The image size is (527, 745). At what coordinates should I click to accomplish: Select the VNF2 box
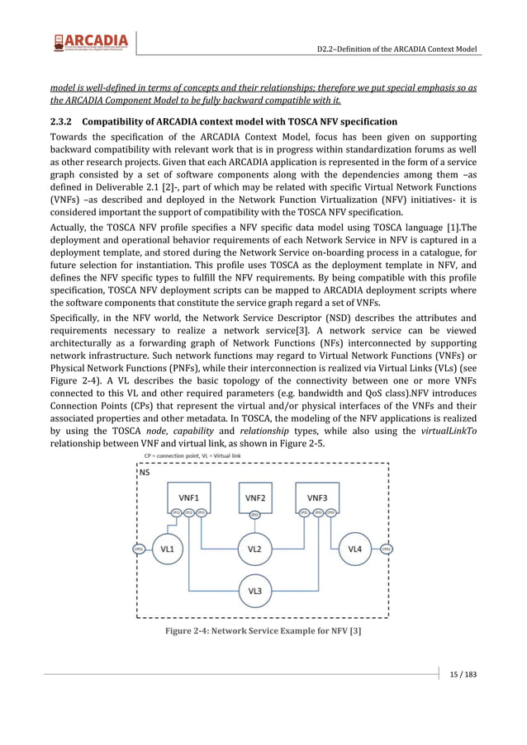255,497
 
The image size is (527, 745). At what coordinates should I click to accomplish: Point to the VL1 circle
168,549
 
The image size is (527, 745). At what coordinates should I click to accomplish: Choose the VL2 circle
255,549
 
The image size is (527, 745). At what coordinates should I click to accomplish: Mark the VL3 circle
255,591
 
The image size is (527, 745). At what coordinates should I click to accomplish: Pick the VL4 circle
355,549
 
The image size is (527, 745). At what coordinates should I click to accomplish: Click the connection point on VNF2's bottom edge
255,515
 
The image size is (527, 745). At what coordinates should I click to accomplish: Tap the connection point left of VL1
139,549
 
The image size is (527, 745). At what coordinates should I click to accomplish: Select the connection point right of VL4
386,549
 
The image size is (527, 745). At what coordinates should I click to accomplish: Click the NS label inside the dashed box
145,474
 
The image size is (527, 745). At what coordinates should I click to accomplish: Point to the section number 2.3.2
63,121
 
